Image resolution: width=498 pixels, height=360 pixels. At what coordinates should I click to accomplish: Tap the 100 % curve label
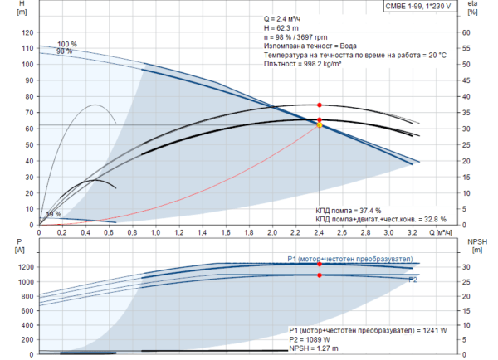(67, 44)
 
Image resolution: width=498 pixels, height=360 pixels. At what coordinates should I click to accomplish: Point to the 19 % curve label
(51, 214)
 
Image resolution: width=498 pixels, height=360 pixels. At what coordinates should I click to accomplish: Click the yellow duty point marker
(320, 125)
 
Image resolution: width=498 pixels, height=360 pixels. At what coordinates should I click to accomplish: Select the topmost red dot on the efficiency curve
(320, 105)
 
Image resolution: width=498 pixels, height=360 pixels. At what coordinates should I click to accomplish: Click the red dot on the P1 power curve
(320, 264)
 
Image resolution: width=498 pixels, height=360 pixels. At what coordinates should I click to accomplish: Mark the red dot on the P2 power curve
(320, 275)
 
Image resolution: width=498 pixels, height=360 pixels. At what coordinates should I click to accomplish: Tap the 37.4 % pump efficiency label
(349, 211)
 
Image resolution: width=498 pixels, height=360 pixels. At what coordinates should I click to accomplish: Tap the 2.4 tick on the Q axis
(320, 233)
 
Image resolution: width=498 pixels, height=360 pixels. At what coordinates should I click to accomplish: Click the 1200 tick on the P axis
(21, 267)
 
